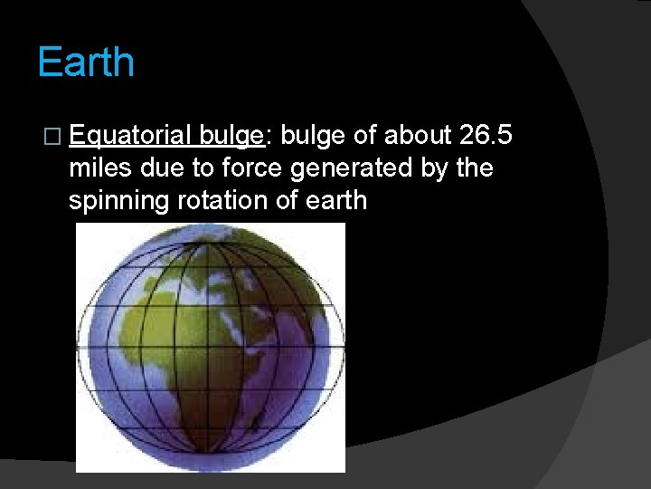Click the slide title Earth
pyautogui.click(x=86, y=62)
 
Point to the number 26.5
pyautogui.click(x=486, y=135)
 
